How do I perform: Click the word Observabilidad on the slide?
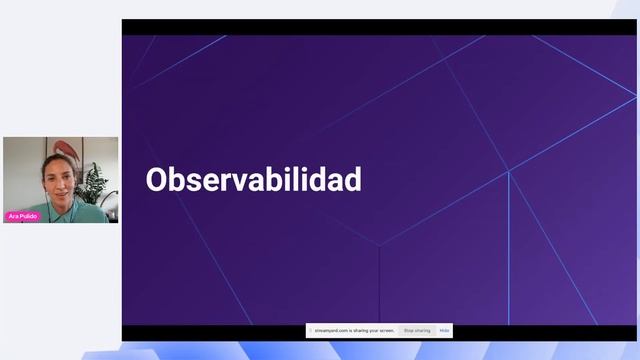[253, 180]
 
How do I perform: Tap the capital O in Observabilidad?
[157, 180]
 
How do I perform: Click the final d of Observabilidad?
[351, 180]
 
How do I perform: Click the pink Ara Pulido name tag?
[23, 216]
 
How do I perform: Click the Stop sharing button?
[417, 330]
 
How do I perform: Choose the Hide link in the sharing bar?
[444, 330]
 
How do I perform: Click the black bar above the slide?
[380, 27]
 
